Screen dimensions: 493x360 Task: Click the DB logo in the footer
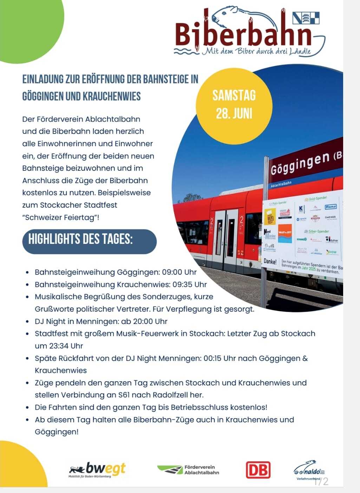(x=258, y=470)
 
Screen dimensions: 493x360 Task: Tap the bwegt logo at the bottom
(x=98, y=469)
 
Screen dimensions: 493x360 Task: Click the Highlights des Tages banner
(x=89, y=241)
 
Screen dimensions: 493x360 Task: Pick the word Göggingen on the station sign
(x=300, y=163)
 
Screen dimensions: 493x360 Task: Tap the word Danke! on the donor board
(x=270, y=262)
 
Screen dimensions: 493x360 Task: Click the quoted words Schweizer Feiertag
(x=60, y=218)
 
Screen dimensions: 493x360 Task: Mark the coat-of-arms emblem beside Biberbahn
(x=306, y=18)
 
